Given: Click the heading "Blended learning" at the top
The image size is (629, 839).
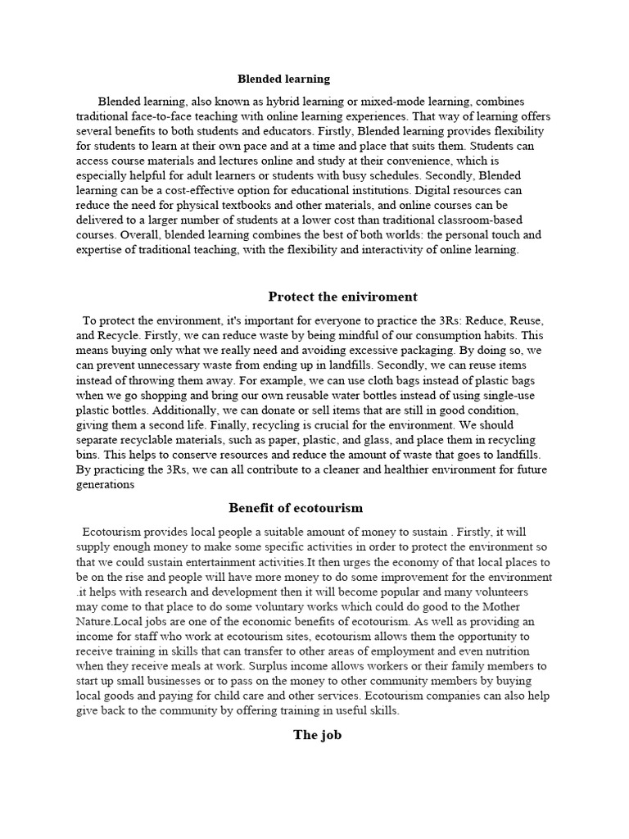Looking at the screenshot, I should tap(283, 79).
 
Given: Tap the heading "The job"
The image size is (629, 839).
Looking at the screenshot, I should tap(317, 735).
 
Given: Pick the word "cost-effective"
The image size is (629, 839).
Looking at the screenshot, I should tap(215, 191).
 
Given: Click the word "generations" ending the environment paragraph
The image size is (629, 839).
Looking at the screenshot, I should tap(105, 484).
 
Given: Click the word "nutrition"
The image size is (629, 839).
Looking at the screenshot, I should tap(522, 651).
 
